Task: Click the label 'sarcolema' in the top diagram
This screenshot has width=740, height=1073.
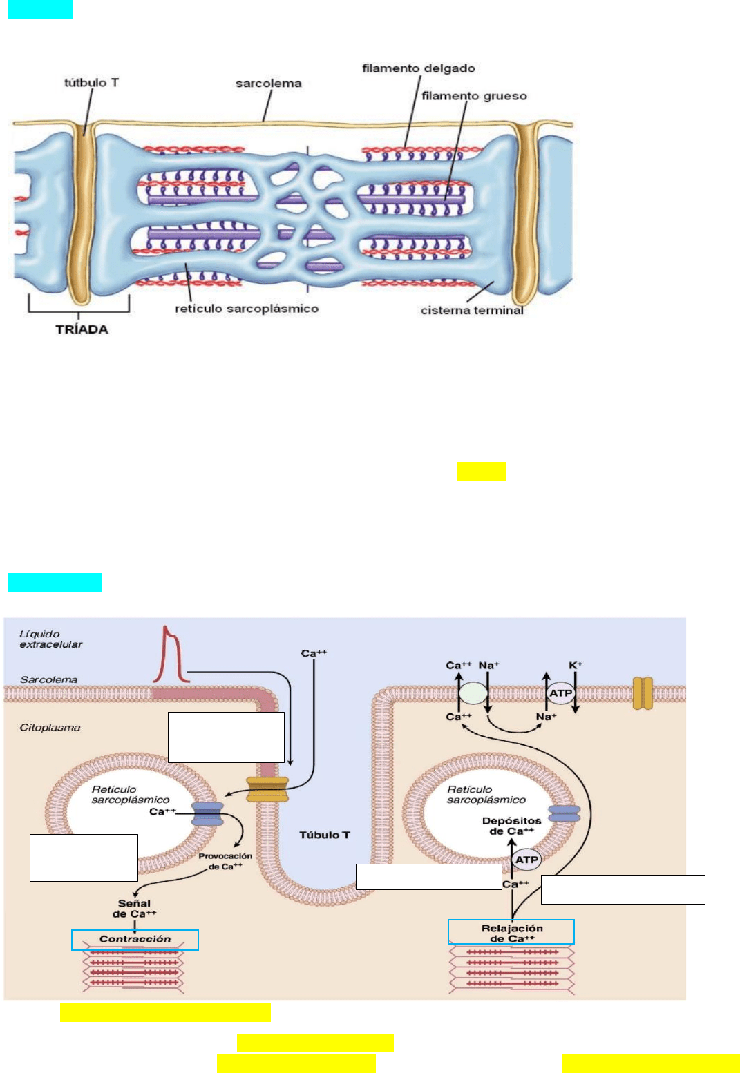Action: [x=268, y=84]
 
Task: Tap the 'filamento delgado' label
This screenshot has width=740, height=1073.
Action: [x=418, y=68]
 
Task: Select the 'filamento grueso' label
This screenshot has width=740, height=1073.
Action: [x=474, y=96]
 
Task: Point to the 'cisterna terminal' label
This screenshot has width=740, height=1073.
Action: [x=472, y=311]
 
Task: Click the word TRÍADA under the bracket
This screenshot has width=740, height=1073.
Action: [x=82, y=329]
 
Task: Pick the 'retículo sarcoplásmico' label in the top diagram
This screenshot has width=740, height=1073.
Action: [x=247, y=309]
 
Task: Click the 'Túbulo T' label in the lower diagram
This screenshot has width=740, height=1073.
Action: [x=324, y=835]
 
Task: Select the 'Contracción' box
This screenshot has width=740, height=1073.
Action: [x=135, y=939]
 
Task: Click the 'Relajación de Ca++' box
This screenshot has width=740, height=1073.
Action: [x=511, y=933]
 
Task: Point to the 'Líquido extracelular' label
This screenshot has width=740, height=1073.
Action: [x=50, y=639]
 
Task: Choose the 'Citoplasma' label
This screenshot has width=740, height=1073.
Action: [x=50, y=727]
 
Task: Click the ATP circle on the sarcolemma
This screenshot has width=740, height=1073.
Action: [x=560, y=693]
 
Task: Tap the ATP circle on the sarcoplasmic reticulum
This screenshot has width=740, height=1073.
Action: [x=526, y=860]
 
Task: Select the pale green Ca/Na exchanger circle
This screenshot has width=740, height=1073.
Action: [x=473, y=693]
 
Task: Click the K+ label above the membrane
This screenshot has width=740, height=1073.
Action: [x=575, y=665]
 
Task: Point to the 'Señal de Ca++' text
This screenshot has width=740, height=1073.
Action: [x=134, y=908]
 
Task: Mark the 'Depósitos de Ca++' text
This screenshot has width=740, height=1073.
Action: [x=511, y=826]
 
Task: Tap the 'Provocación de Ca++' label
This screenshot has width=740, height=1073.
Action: [x=225, y=861]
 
